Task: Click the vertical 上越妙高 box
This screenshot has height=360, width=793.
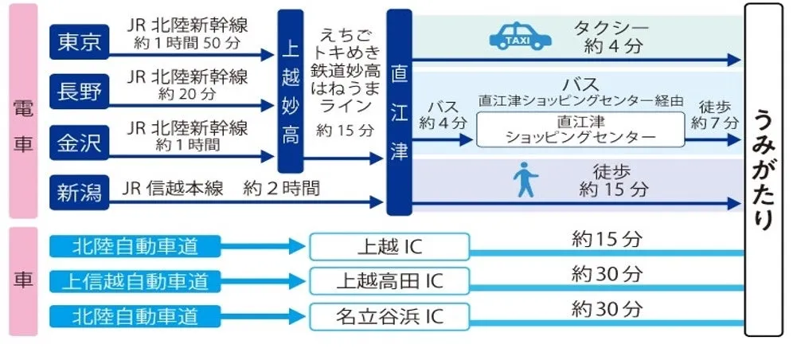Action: (x=290, y=92)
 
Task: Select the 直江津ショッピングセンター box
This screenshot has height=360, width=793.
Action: (x=580, y=130)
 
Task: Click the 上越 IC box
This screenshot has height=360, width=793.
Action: (x=389, y=247)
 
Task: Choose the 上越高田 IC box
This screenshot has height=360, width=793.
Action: (x=389, y=281)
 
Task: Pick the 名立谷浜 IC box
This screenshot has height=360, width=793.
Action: (x=389, y=316)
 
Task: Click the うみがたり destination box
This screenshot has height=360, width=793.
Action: (x=763, y=169)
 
